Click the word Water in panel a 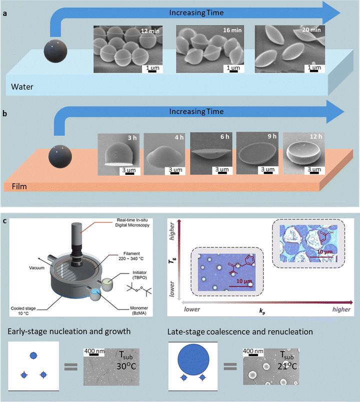point(22,89)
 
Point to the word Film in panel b point(19,188)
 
